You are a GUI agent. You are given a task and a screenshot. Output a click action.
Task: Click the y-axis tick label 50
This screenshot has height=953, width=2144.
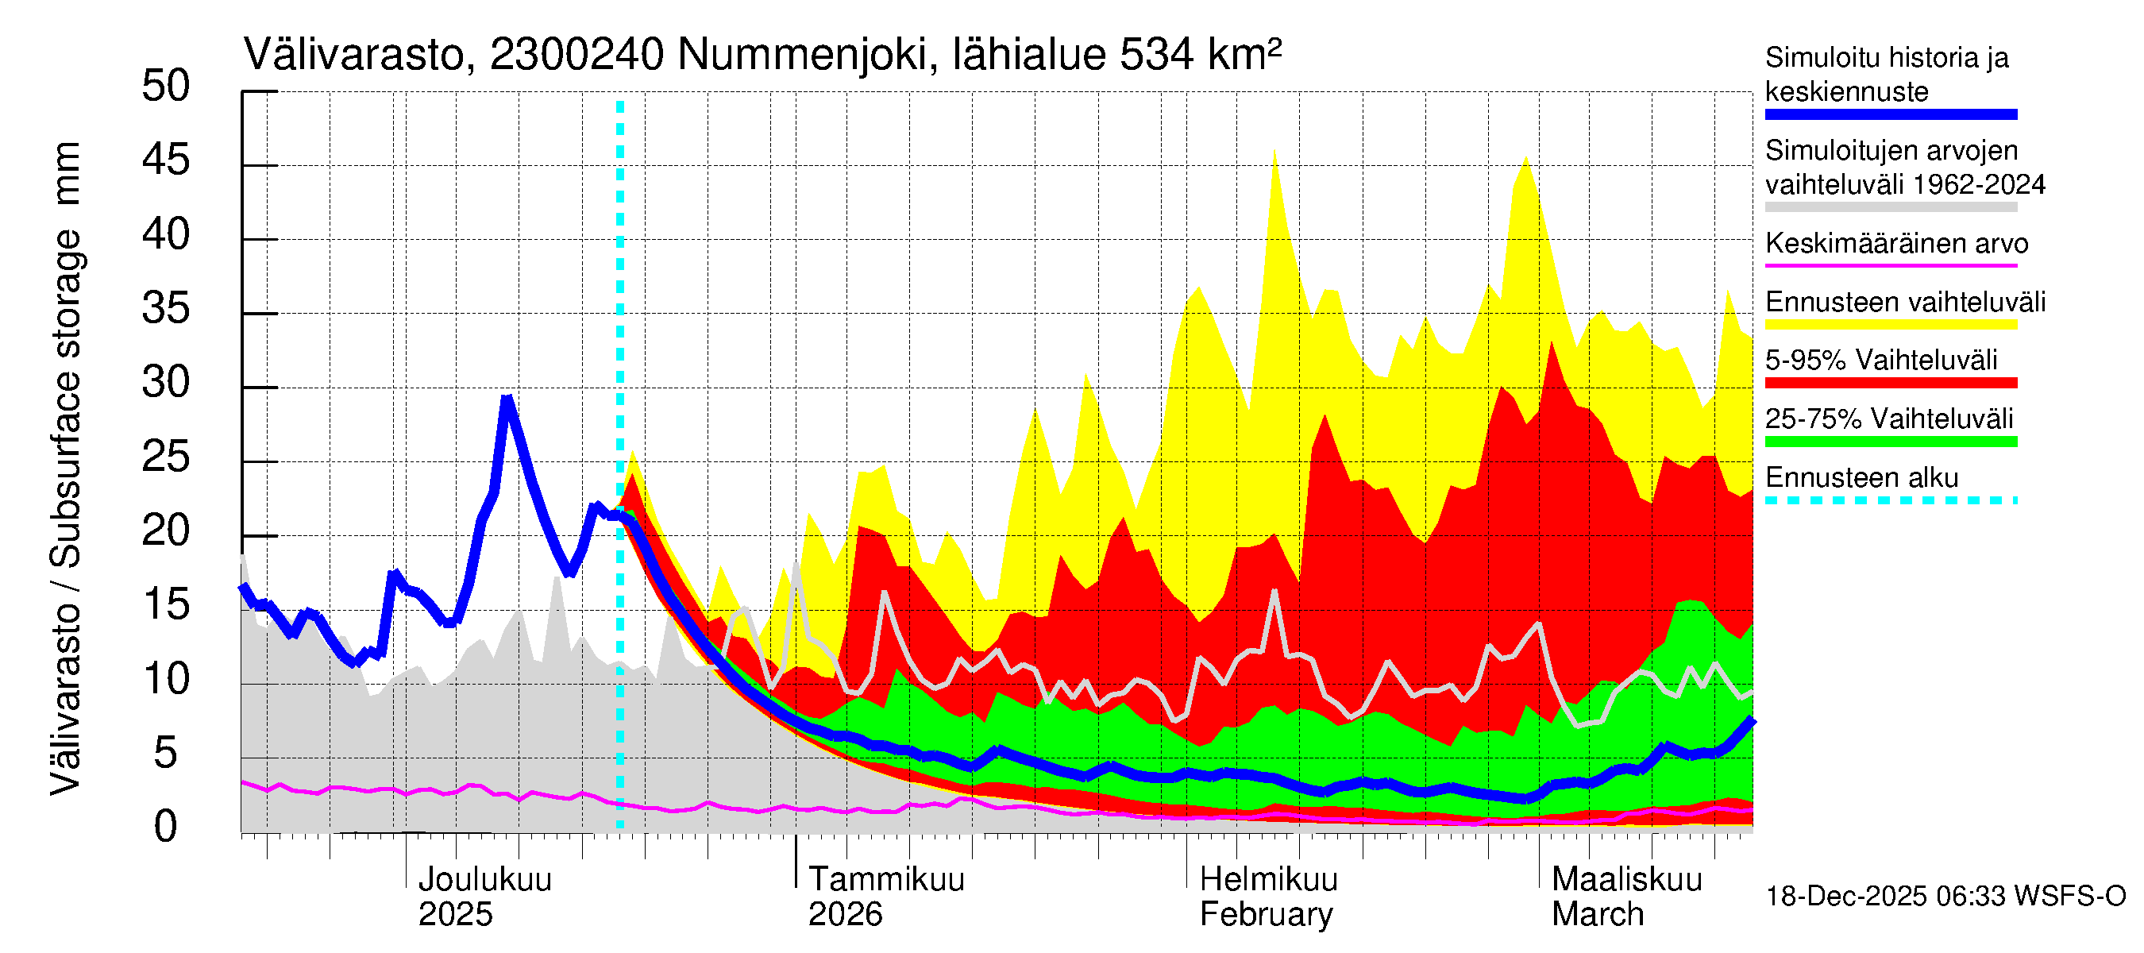(x=166, y=87)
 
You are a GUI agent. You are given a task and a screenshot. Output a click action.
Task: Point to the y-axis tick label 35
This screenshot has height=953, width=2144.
(x=166, y=309)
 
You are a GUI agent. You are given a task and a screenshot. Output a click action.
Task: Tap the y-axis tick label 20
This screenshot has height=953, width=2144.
(x=166, y=531)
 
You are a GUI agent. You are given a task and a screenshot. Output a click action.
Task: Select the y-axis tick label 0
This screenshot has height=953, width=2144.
(x=166, y=828)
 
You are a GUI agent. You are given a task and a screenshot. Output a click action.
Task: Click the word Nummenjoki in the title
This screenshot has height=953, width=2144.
(x=802, y=55)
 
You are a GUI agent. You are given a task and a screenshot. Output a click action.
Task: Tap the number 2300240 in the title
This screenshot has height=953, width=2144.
(x=576, y=55)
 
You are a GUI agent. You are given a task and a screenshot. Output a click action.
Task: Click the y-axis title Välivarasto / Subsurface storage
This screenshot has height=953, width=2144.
(x=65, y=466)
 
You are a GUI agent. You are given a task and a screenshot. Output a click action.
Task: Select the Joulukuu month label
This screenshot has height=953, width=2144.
(x=484, y=880)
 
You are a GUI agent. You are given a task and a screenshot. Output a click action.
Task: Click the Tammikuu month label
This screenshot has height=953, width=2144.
(x=886, y=880)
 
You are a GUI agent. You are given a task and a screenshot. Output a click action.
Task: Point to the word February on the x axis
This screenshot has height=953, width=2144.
(x=1266, y=915)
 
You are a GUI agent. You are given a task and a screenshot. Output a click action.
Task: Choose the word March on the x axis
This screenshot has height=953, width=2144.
(x=1597, y=915)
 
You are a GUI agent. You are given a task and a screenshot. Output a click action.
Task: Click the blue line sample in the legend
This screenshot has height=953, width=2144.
(x=1890, y=115)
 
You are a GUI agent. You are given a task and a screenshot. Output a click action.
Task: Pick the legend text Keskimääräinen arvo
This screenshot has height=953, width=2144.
(x=1897, y=244)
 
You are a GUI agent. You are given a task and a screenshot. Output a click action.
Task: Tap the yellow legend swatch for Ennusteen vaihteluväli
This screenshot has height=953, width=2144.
(x=1890, y=325)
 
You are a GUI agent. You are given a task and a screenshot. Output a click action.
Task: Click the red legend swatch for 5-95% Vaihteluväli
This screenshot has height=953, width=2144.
(x=1890, y=383)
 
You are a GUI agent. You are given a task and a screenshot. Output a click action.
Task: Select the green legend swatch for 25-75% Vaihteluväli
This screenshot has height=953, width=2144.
(x=1890, y=442)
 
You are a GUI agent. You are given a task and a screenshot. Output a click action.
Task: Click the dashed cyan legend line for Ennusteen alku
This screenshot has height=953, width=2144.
(x=1890, y=500)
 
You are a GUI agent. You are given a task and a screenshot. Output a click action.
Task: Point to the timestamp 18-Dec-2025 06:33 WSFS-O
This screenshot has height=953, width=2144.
(x=1945, y=897)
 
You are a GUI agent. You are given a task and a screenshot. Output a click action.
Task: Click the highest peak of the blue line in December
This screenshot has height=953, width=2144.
(x=507, y=399)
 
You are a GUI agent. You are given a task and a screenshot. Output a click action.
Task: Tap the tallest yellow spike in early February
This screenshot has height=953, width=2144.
(x=1274, y=152)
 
